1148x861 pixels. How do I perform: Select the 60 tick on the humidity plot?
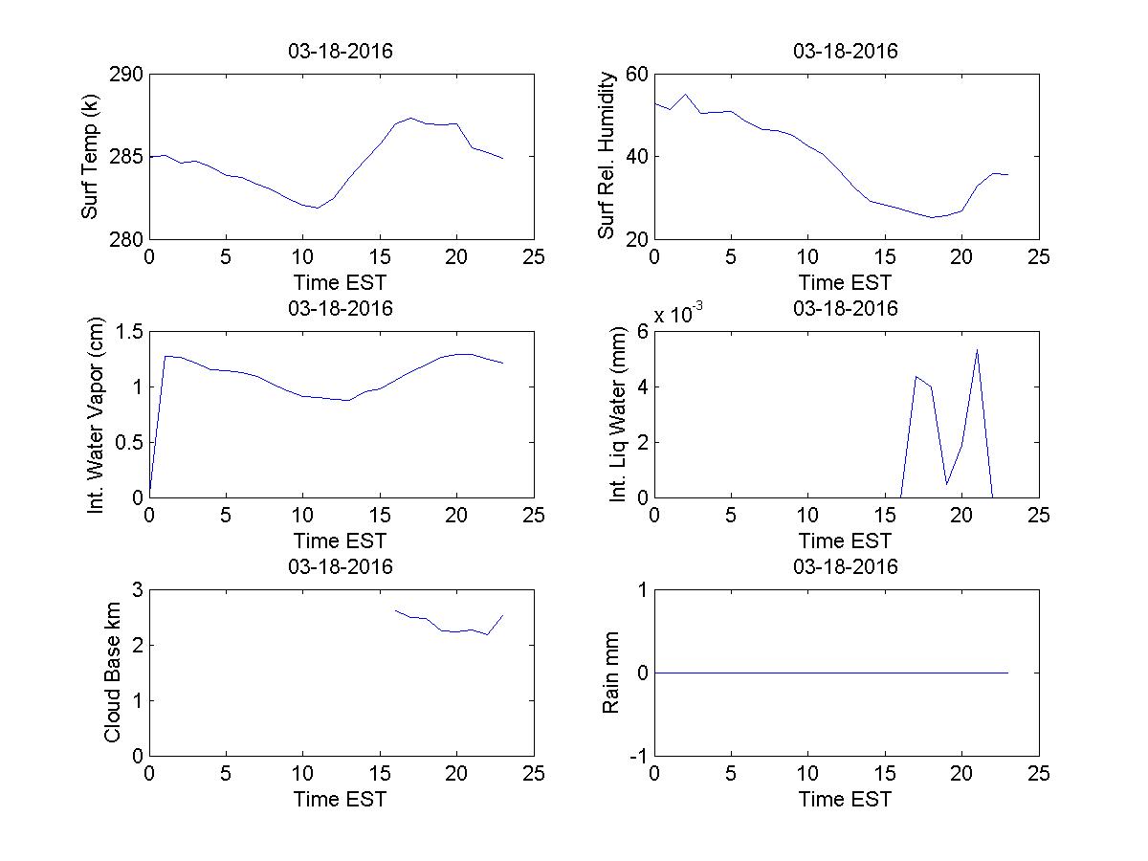coord(637,76)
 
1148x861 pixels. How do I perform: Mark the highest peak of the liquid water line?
coord(977,350)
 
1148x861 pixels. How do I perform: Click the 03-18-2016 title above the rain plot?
coord(846,566)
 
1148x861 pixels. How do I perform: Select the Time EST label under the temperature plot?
coord(341,282)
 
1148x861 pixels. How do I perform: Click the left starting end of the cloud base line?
coord(395,609)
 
